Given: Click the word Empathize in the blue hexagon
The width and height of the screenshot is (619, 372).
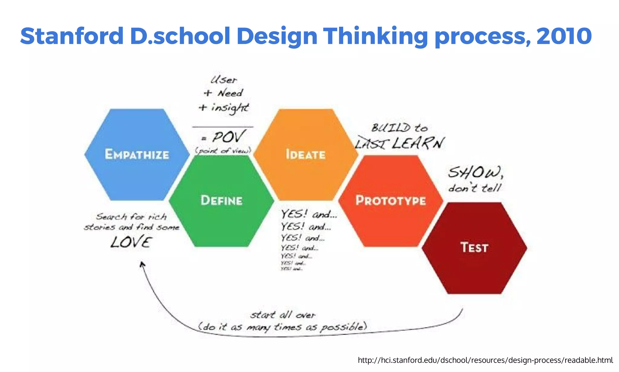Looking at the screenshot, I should tap(137, 155).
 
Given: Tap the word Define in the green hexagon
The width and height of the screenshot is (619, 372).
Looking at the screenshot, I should tap(222, 201).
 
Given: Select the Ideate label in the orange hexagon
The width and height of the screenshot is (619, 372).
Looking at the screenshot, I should tap(306, 155).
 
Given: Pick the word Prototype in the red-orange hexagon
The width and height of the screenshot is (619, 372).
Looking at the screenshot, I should tap(391, 201).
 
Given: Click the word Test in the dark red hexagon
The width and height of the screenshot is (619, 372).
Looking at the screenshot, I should tap(474, 248).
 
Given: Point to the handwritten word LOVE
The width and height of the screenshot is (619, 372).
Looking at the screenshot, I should tap(131, 242).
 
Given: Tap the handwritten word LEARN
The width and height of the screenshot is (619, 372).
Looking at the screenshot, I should tap(418, 143).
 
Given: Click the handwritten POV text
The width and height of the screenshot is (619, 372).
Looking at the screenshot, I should tap(228, 137).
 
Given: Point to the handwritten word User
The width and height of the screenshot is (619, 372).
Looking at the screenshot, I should tap(224, 80).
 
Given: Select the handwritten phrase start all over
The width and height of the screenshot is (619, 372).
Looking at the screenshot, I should tap(283, 315).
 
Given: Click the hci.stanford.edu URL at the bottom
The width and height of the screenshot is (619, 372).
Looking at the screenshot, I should tap(485, 360).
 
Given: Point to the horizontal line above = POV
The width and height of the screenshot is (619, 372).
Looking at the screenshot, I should tap(223, 127).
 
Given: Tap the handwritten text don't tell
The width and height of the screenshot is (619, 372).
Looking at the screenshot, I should tap(475, 188).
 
